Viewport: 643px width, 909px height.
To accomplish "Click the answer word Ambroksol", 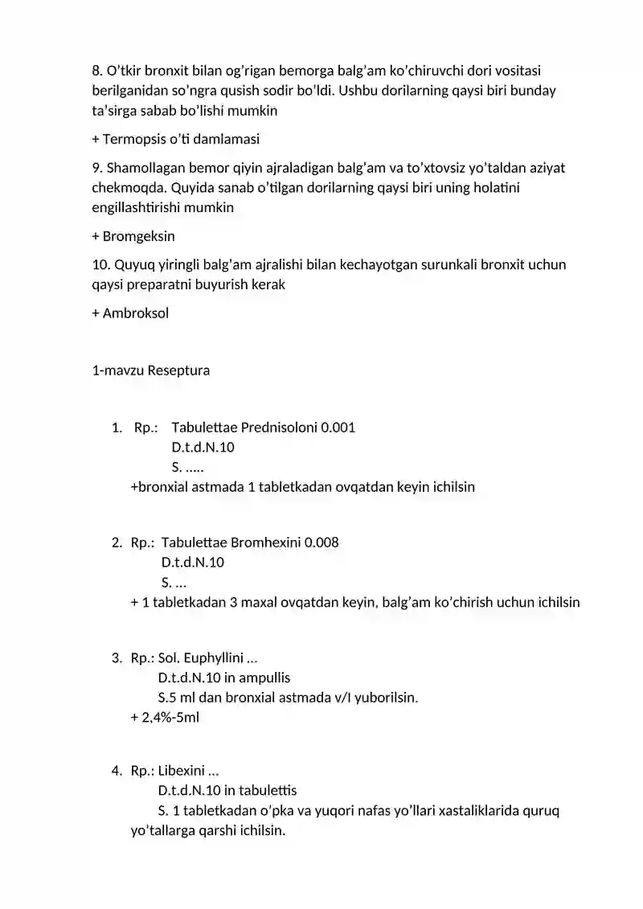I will coord(136,313).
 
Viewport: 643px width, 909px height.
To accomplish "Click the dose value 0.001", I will coord(338,428).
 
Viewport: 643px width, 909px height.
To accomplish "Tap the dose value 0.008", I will coord(321,543).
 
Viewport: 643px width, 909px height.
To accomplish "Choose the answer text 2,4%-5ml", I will coord(170,718).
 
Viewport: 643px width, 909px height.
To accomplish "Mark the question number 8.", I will coord(97,72).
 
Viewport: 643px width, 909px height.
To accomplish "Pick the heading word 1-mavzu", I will coord(118,371).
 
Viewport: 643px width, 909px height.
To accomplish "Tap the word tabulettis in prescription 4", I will coord(268,791).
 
